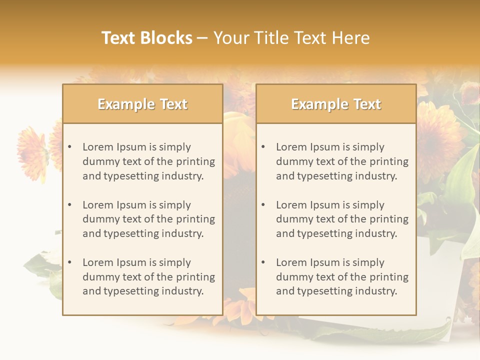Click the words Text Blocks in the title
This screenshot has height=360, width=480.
(147, 38)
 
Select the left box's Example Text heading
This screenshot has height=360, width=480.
(142, 104)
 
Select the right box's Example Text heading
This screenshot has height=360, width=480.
(336, 104)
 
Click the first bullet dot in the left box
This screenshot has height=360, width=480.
(70, 147)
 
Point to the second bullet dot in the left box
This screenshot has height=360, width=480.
(70, 205)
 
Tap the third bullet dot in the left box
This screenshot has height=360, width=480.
(70, 262)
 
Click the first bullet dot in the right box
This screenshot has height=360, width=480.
(263, 147)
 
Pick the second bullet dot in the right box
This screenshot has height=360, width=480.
(263, 205)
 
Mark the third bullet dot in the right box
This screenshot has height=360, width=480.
(263, 262)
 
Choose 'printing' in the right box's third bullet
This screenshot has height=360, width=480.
(389, 277)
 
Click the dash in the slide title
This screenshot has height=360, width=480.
(202, 38)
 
